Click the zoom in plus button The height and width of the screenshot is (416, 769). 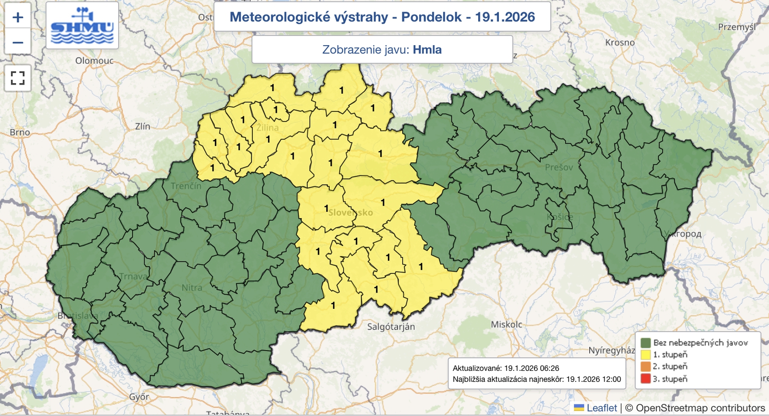point(18,17)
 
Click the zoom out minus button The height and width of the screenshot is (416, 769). point(18,42)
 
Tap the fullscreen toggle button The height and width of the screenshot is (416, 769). point(18,78)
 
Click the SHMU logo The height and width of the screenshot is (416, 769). point(82,25)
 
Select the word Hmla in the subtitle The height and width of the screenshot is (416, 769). point(427,49)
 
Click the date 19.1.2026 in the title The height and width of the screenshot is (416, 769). point(505,17)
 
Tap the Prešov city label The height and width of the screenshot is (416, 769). point(559,167)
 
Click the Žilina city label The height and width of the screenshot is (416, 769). point(267,128)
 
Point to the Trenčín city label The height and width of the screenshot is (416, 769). point(186,186)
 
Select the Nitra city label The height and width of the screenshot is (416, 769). point(192,288)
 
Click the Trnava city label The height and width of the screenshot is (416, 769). point(133,276)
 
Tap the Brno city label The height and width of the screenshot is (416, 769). point(20,132)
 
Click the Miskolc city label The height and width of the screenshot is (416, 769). point(506,324)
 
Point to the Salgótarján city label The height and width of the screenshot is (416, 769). point(391,327)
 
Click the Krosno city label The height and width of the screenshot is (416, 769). point(620,42)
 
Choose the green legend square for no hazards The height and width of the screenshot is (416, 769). point(645,343)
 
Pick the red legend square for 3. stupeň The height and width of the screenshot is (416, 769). point(645,379)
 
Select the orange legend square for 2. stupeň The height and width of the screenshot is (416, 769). point(645,367)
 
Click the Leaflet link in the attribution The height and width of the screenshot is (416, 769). point(601,408)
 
